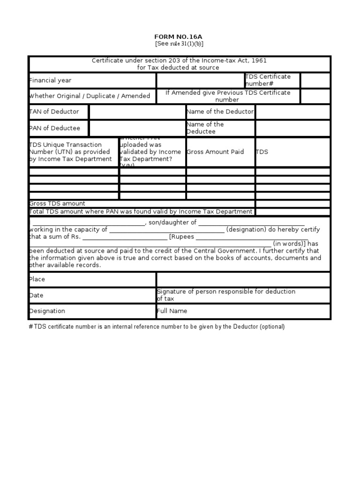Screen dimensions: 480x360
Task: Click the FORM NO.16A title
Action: pos(179,37)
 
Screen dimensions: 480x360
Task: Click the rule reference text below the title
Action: pos(179,44)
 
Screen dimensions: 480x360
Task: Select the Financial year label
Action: pos(50,80)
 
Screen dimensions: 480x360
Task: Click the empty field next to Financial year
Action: pos(200,80)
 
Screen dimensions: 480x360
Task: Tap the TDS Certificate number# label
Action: pos(268,80)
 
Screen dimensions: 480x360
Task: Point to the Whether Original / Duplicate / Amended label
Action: pos(90,96)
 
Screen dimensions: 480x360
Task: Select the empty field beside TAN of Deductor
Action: pos(137,112)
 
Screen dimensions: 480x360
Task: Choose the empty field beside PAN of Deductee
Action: pos(137,128)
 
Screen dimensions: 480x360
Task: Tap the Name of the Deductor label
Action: pos(220,112)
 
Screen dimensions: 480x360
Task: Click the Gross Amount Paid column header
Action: pos(215,152)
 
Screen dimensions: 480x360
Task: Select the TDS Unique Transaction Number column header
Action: pos(70,152)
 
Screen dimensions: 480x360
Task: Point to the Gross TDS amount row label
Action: pos(57,203)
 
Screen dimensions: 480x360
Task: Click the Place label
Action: pos(37,279)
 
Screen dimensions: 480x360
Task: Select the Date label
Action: pos(36,295)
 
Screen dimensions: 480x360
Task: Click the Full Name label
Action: pos(172,311)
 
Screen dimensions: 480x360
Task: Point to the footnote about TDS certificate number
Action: pos(157,327)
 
